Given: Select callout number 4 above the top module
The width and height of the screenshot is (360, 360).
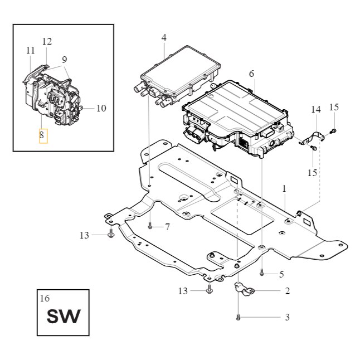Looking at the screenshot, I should [x=164, y=37].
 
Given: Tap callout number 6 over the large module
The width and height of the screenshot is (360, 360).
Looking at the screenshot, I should [x=251, y=74].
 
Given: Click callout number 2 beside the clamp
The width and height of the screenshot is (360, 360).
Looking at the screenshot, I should [x=287, y=290].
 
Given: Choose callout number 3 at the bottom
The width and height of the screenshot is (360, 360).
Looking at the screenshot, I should [x=287, y=317].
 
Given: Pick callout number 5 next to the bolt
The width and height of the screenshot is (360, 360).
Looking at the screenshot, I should [x=281, y=274].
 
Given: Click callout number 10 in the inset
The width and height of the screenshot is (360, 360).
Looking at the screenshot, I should [x=101, y=108].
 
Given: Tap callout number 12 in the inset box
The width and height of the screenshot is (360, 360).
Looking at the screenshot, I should [x=47, y=41].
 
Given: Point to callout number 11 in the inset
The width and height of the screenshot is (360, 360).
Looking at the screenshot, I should [x=30, y=51].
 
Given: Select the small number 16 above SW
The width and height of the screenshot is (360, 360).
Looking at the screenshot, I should [x=45, y=298].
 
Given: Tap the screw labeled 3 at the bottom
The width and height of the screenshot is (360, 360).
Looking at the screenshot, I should [x=238, y=317].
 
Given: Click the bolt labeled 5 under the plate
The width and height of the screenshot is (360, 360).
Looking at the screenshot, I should [x=261, y=273].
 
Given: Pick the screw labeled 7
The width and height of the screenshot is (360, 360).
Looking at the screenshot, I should [x=150, y=226].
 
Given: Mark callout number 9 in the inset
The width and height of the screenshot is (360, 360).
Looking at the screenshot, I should [x=65, y=59].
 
